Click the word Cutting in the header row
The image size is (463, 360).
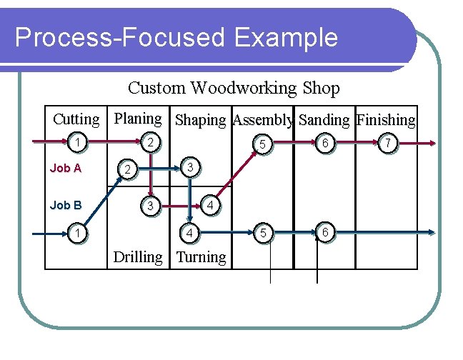point(76,119)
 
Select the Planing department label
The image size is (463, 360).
point(138,118)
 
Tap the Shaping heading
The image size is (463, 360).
point(200,120)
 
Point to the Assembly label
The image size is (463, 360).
point(263,120)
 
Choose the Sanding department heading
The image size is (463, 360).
point(324,120)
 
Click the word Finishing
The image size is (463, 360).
point(386,120)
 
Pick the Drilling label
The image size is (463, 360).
point(138,257)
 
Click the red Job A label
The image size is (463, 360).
point(66,169)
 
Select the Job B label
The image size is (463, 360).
point(66,205)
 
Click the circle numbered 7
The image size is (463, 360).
point(387,144)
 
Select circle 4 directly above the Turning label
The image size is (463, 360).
point(189,233)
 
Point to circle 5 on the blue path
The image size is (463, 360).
point(262,233)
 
